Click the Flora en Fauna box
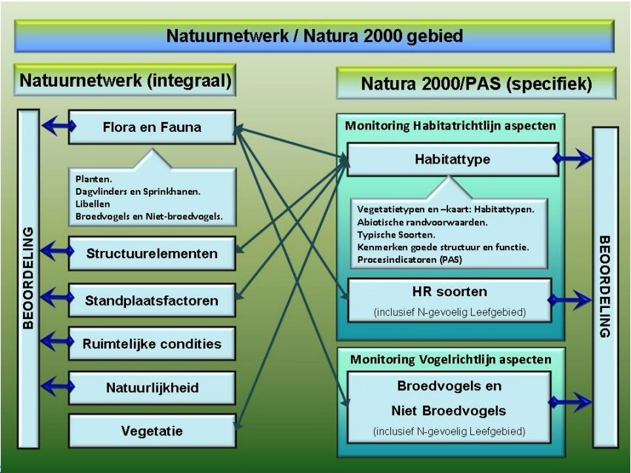point(152,127)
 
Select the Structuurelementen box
point(152,253)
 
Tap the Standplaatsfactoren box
point(152,301)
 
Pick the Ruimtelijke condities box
point(152,343)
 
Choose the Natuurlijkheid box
point(152,388)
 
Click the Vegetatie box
point(152,431)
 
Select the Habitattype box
point(453,159)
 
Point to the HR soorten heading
point(450,292)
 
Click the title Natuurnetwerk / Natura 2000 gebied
point(314,36)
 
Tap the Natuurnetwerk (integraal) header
point(125,80)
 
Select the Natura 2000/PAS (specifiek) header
point(476,84)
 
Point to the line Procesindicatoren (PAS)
point(410,259)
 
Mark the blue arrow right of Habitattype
point(572,158)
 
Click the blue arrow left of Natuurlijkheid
point(58,386)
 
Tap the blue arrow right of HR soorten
point(570,300)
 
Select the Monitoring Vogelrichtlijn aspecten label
point(451,359)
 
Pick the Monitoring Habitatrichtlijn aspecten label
point(450,126)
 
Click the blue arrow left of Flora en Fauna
point(59,127)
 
